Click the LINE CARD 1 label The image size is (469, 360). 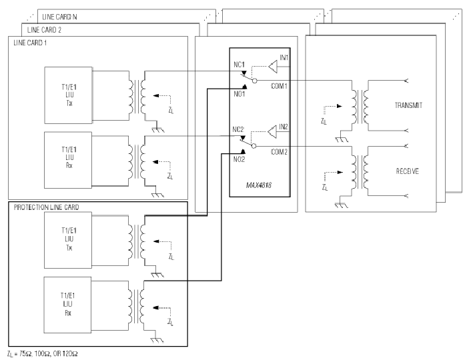coord(30,43)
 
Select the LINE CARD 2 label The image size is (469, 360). coord(44,30)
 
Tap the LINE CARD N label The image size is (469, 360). coord(59,17)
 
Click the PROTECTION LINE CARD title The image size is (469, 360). coord(46,207)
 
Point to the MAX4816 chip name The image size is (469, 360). coord(258,185)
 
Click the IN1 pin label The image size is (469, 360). coord(284,57)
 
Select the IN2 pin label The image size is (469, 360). coord(284,127)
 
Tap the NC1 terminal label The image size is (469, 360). coord(239,65)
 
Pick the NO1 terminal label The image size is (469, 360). coord(240,94)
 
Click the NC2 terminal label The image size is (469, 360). coord(238,129)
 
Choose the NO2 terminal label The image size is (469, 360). coord(239,159)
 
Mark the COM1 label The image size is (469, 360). coord(279,86)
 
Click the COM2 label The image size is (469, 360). coord(279,152)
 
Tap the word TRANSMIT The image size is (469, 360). coord(408,105)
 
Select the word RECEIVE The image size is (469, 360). coord(408,171)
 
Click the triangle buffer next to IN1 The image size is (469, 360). coord(273,67)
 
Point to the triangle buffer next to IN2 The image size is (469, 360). coord(272,132)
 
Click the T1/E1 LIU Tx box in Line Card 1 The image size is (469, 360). coord(68,95)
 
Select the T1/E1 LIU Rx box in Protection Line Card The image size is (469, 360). coord(67,305)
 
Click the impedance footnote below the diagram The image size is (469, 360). coord(43,354)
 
